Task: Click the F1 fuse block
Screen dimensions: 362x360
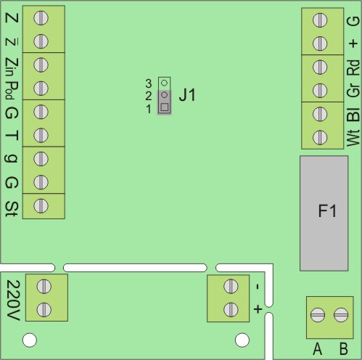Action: tap(324, 213)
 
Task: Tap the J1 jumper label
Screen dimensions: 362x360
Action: tap(187, 95)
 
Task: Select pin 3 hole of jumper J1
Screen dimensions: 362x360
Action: tap(164, 83)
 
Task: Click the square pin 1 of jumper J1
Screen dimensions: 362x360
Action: tap(165, 107)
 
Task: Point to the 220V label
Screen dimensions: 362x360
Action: tap(12, 300)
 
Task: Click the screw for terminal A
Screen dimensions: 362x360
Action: tap(318, 315)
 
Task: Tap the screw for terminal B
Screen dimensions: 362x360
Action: tap(341, 315)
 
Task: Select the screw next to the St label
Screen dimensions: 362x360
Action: tap(41, 206)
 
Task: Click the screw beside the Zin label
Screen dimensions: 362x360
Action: tap(41, 65)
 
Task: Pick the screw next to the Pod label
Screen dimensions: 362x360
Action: tap(41, 89)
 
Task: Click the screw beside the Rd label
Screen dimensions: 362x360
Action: tap(320, 67)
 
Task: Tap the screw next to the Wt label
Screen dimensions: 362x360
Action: tap(320, 137)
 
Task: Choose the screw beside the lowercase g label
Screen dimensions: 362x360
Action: tap(41, 159)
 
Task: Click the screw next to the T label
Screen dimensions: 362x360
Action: tap(41, 135)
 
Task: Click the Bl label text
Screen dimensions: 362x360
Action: tap(353, 114)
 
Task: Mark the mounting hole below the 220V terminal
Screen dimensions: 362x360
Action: tap(30, 340)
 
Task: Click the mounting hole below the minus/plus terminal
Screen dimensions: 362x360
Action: tap(242, 340)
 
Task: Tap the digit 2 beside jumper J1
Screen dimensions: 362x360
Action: tap(149, 97)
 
